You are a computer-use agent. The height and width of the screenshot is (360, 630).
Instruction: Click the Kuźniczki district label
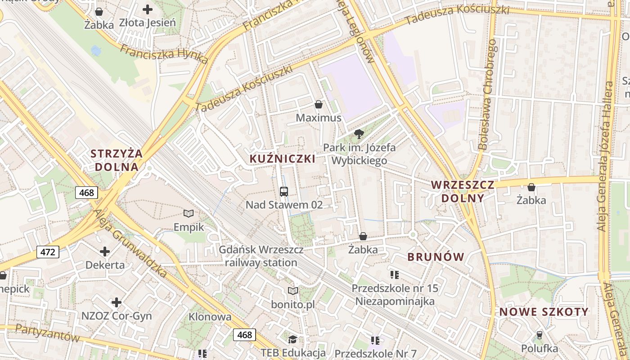click(282, 159)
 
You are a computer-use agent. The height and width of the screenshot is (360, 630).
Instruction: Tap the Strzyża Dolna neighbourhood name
click(117, 160)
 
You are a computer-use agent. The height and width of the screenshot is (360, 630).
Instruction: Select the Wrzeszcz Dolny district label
click(463, 191)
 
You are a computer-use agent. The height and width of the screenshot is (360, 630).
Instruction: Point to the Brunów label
click(436, 257)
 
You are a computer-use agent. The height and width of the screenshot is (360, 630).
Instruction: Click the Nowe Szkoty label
click(544, 312)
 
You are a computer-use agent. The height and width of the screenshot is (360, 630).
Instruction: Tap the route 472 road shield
click(48, 252)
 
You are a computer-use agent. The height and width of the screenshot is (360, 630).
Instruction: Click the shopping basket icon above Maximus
click(319, 105)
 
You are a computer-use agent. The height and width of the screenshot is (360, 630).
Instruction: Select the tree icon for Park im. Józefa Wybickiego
click(359, 134)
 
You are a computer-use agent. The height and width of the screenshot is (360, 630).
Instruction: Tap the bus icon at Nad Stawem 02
click(284, 192)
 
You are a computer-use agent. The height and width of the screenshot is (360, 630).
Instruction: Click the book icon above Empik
click(189, 213)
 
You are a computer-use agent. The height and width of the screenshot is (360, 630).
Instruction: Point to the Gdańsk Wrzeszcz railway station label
click(261, 256)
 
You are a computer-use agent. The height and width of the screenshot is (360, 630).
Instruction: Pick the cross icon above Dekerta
click(105, 252)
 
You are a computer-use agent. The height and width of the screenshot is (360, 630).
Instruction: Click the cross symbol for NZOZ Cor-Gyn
click(117, 302)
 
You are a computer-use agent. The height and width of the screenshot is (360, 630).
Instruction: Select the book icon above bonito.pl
click(293, 291)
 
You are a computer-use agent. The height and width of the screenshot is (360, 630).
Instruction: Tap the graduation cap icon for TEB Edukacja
click(293, 339)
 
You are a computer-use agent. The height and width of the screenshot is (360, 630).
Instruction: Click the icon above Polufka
click(539, 335)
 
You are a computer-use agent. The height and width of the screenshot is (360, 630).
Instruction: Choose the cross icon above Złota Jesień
click(147, 9)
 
